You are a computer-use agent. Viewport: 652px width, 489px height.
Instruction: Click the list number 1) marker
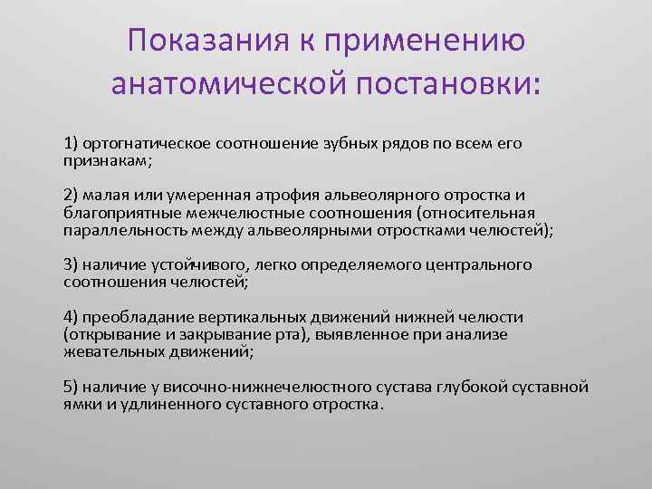click(71, 143)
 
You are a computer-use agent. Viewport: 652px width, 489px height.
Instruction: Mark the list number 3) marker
click(71, 264)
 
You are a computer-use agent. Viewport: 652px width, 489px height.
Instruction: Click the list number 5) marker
click(71, 387)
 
